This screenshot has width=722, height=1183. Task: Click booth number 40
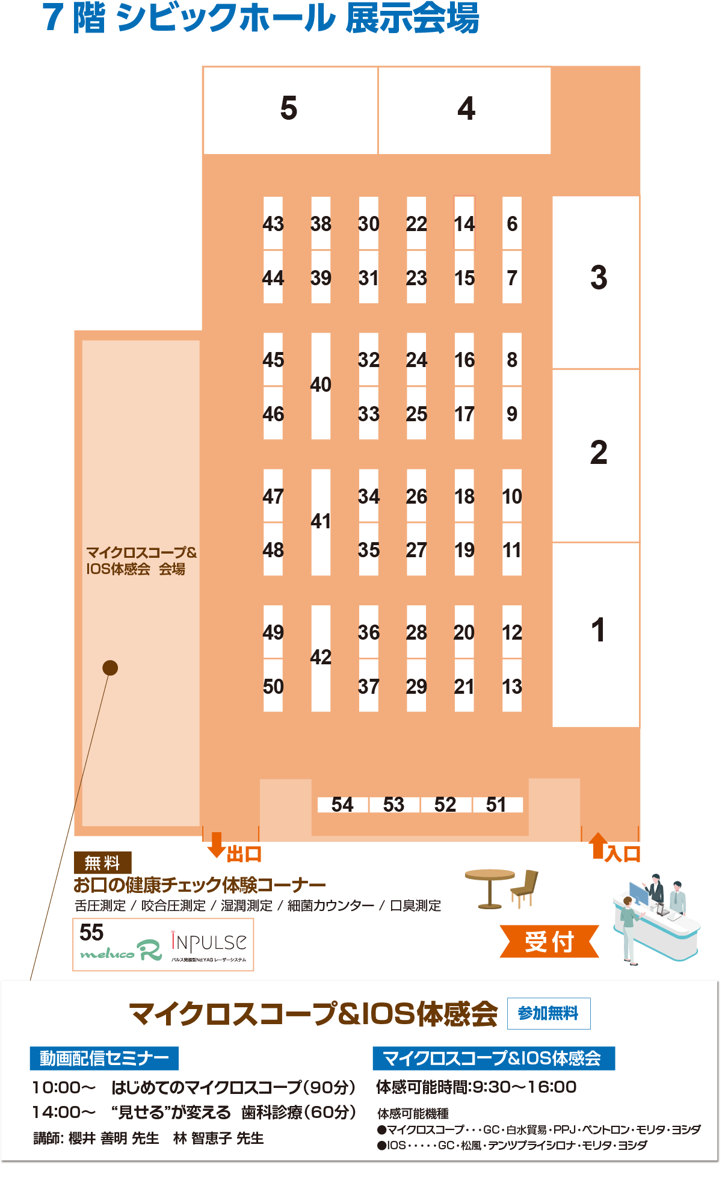321,386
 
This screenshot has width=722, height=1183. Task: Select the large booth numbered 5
291,110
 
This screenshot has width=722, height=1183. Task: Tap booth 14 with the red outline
464,223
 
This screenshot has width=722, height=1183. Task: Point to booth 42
321,658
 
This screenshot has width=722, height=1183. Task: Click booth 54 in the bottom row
342,805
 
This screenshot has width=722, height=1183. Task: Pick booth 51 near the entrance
497,805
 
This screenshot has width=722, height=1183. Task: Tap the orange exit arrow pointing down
216,844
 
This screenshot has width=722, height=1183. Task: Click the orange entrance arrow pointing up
598,845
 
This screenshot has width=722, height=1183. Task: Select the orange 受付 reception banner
549,941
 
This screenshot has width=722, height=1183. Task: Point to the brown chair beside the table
524,888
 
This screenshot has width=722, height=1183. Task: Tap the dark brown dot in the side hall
110,668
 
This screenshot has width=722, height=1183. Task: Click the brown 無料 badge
102,863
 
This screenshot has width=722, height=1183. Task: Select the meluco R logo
121,951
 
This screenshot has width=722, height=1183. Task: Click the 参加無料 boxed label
549,1013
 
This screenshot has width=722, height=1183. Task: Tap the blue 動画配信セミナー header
104,1058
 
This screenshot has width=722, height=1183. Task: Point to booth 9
512,413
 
